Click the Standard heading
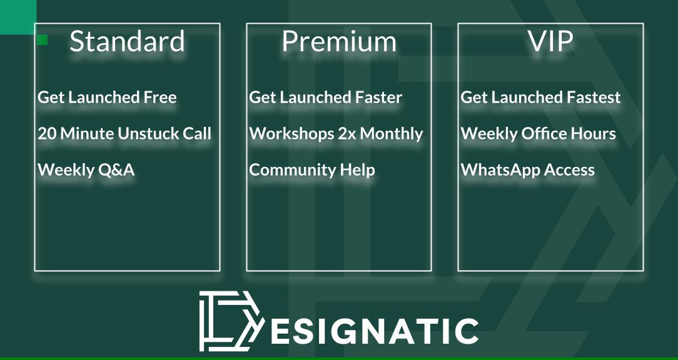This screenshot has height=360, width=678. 127,41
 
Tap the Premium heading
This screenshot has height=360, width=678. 339,41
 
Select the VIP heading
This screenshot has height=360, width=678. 550,41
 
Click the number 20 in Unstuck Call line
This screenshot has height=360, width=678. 47,134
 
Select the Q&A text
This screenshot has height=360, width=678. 116,170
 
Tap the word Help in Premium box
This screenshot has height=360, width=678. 357,171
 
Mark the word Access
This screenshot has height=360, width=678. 569,170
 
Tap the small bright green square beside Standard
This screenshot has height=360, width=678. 43,40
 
